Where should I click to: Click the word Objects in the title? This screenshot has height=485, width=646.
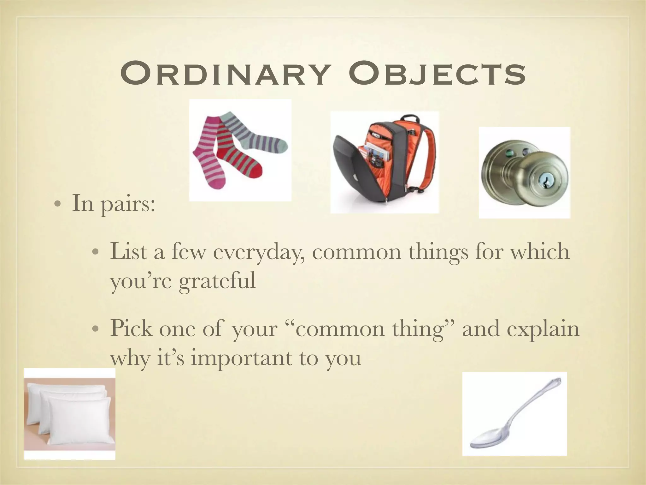[435, 75]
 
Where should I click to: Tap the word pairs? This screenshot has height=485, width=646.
[127, 204]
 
